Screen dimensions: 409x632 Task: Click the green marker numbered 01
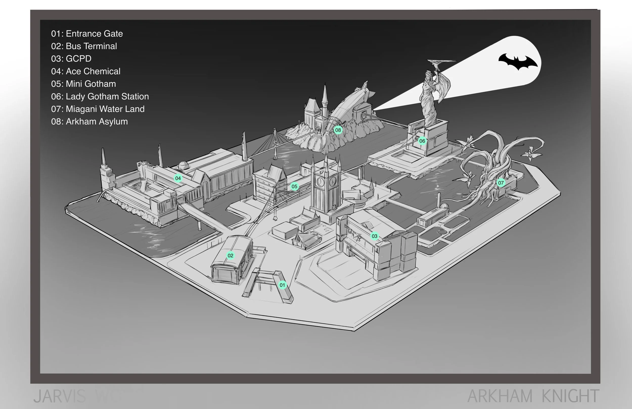(282, 285)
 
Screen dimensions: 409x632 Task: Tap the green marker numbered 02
(230, 256)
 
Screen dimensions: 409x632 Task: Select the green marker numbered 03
(374, 236)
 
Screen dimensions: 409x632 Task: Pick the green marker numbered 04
(178, 178)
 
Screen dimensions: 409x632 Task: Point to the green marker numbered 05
(294, 187)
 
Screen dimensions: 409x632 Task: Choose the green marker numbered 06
(422, 141)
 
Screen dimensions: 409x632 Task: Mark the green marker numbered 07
(501, 183)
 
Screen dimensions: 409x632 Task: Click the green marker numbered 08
(338, 130)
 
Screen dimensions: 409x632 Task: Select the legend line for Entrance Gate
(87, 34)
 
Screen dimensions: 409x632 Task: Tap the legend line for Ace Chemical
(85, 71)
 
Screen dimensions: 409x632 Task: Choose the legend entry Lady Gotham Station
(100, 96)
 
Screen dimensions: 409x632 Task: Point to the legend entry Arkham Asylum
(89, 121)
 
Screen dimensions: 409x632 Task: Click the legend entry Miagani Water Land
(98, 109)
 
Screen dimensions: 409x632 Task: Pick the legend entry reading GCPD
(71, 59)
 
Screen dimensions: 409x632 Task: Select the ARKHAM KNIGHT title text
(533, 396)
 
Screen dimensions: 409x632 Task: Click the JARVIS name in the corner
(60, 396)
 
